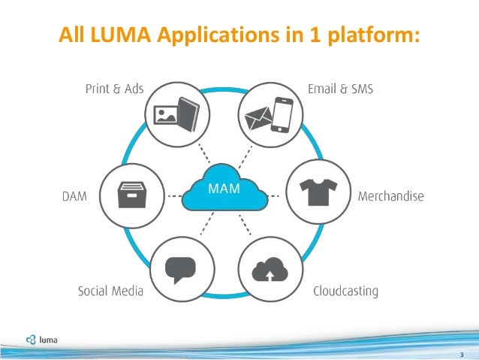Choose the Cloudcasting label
pyautogui.click(x=346, y=290)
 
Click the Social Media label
pyautogui.click(x=110, y=290)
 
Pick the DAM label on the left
pyautogui.click(x=74, y=197)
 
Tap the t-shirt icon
pyautogui.click(x=318, y=192)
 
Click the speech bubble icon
pyautogui.click(x=180, y=268)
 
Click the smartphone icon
pyautogui.click(x=280, y=115)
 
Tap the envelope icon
pyautogui.click(x=258, y=119)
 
